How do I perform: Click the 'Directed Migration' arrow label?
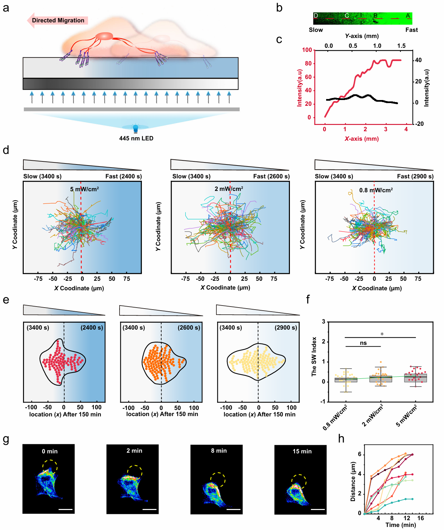coord(58,20)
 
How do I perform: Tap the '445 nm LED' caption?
coord(136,138)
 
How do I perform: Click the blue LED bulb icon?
coord(135,128)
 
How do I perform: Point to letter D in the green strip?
coord(316,16)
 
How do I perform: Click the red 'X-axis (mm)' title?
coord(362,139)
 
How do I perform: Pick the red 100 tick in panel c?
coord(307,50)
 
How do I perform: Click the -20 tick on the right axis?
coord(420,124)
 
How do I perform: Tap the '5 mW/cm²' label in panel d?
coord(84,189)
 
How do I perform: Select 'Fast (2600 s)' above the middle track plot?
coord(271,176)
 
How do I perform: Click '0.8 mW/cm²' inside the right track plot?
coord(376,190)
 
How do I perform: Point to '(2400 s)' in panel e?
coord(91,328)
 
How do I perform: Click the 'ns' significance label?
coord(363,343)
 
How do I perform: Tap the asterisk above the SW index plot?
coord(382,334)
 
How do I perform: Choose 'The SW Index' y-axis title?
coord(314,356)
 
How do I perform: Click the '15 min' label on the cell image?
coord(302,451)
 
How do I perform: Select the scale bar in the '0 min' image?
coord(65,509)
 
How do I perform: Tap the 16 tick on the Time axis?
coord(420,518)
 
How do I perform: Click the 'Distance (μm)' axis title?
coord(353,482)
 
